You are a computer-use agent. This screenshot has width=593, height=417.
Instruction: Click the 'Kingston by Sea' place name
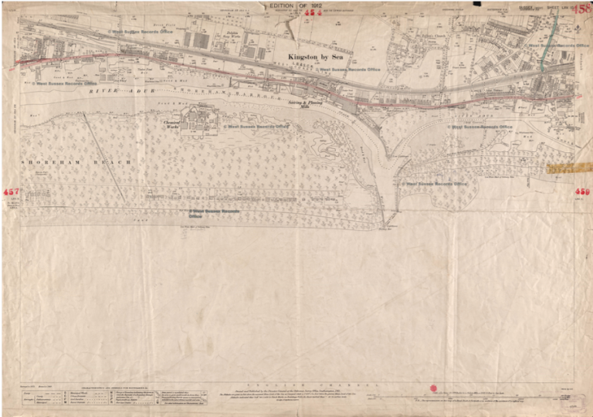316,57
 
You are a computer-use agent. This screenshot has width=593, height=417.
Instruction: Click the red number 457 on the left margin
11,191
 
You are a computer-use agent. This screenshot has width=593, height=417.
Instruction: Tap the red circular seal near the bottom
433,388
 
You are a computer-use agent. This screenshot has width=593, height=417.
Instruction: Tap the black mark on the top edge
476,4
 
